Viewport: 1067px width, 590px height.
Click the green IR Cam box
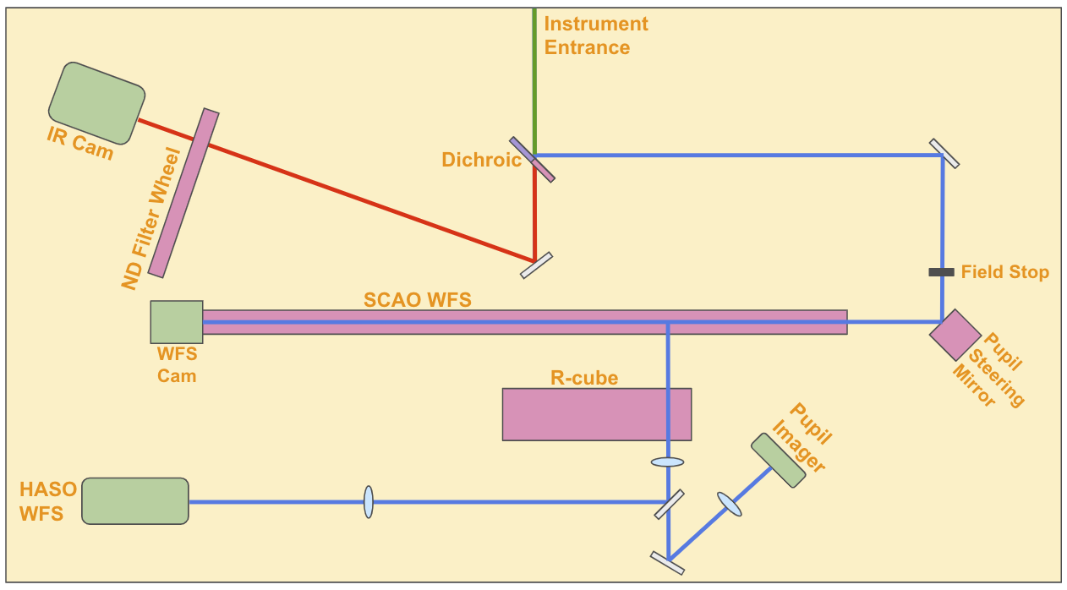96,102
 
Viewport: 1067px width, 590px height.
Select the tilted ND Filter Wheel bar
183,194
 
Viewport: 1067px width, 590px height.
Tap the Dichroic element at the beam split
533,159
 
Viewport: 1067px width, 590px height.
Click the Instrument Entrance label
595,36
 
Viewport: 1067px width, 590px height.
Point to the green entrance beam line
534,76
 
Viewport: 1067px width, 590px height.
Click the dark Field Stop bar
942,272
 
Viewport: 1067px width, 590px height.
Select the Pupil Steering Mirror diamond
955,335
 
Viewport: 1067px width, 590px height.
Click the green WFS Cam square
177,322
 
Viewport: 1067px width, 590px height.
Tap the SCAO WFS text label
417,299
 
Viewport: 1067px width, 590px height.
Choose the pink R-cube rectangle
596,414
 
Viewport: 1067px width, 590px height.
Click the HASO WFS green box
135,500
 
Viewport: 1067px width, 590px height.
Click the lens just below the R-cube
667,462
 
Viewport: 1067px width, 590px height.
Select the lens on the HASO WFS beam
368,501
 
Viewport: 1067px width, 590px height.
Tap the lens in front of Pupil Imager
730,505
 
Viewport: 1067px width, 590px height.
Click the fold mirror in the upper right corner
944,153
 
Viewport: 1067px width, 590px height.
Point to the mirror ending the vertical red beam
536,265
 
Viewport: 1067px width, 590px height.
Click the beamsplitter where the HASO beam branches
669,505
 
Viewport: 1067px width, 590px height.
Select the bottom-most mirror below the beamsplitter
667,563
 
